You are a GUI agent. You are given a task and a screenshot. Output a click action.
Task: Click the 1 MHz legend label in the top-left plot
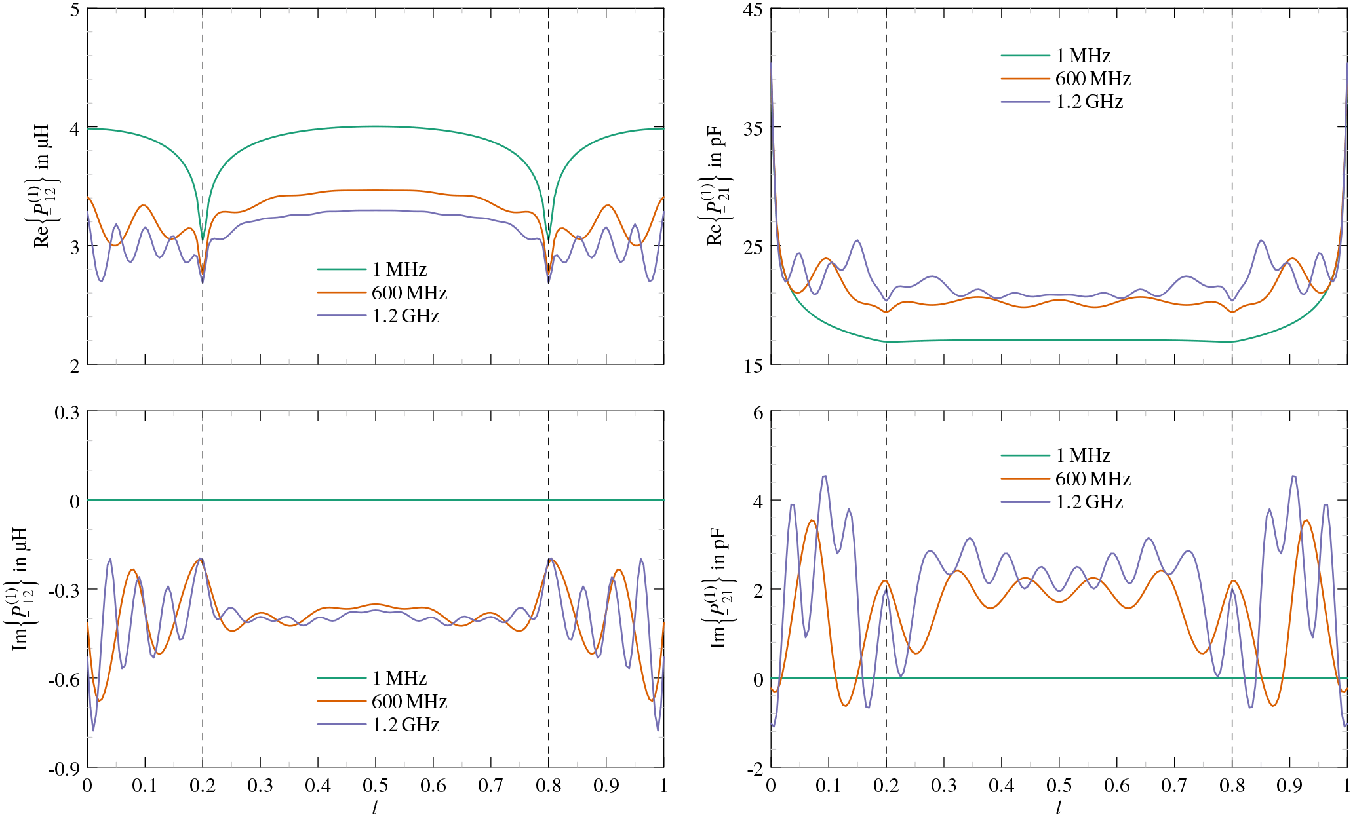[x=399, y=269]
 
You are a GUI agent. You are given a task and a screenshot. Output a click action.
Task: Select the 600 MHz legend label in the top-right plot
[x=1093, y=79]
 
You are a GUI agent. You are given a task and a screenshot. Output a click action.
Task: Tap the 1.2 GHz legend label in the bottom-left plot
[x=406, y=725]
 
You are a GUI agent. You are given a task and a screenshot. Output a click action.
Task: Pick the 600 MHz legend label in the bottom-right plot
[x=1093, y=479]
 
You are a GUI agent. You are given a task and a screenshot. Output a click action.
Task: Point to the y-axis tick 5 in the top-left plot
[x=73, y=10]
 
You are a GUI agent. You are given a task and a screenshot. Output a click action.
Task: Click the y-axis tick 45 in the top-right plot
[x=753, y=10]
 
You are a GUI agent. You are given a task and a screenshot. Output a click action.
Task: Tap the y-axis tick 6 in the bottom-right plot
[x=758, y=413]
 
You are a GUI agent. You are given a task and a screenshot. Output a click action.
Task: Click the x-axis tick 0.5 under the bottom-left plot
[x=375, y=786]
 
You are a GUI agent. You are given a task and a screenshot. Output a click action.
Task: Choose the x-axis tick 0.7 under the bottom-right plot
[x=1174, y=786]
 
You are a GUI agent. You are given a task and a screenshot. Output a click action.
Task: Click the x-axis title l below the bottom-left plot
[x=375, y=808]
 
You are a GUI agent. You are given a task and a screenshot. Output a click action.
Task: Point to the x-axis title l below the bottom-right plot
[x=1059, y=808]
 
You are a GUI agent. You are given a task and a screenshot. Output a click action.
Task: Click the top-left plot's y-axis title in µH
[x=42, y=185]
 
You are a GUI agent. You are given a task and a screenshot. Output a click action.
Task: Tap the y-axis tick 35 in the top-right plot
[x=753, y=128]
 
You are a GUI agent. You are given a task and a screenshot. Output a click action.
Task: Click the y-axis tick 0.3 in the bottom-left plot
[x=66, y=413]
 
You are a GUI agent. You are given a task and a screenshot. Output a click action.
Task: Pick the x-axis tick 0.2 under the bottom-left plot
[x=202, y=786]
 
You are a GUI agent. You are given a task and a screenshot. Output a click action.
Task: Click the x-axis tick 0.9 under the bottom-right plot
[x=1289, y=786]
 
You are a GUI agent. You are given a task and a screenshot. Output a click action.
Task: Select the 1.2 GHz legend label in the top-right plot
[x=1089, y=102]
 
